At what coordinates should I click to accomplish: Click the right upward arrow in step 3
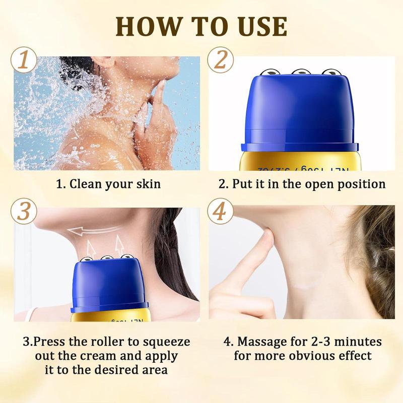click(x=119, y=247)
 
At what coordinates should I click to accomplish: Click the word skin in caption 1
click(x=147, y=184)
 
